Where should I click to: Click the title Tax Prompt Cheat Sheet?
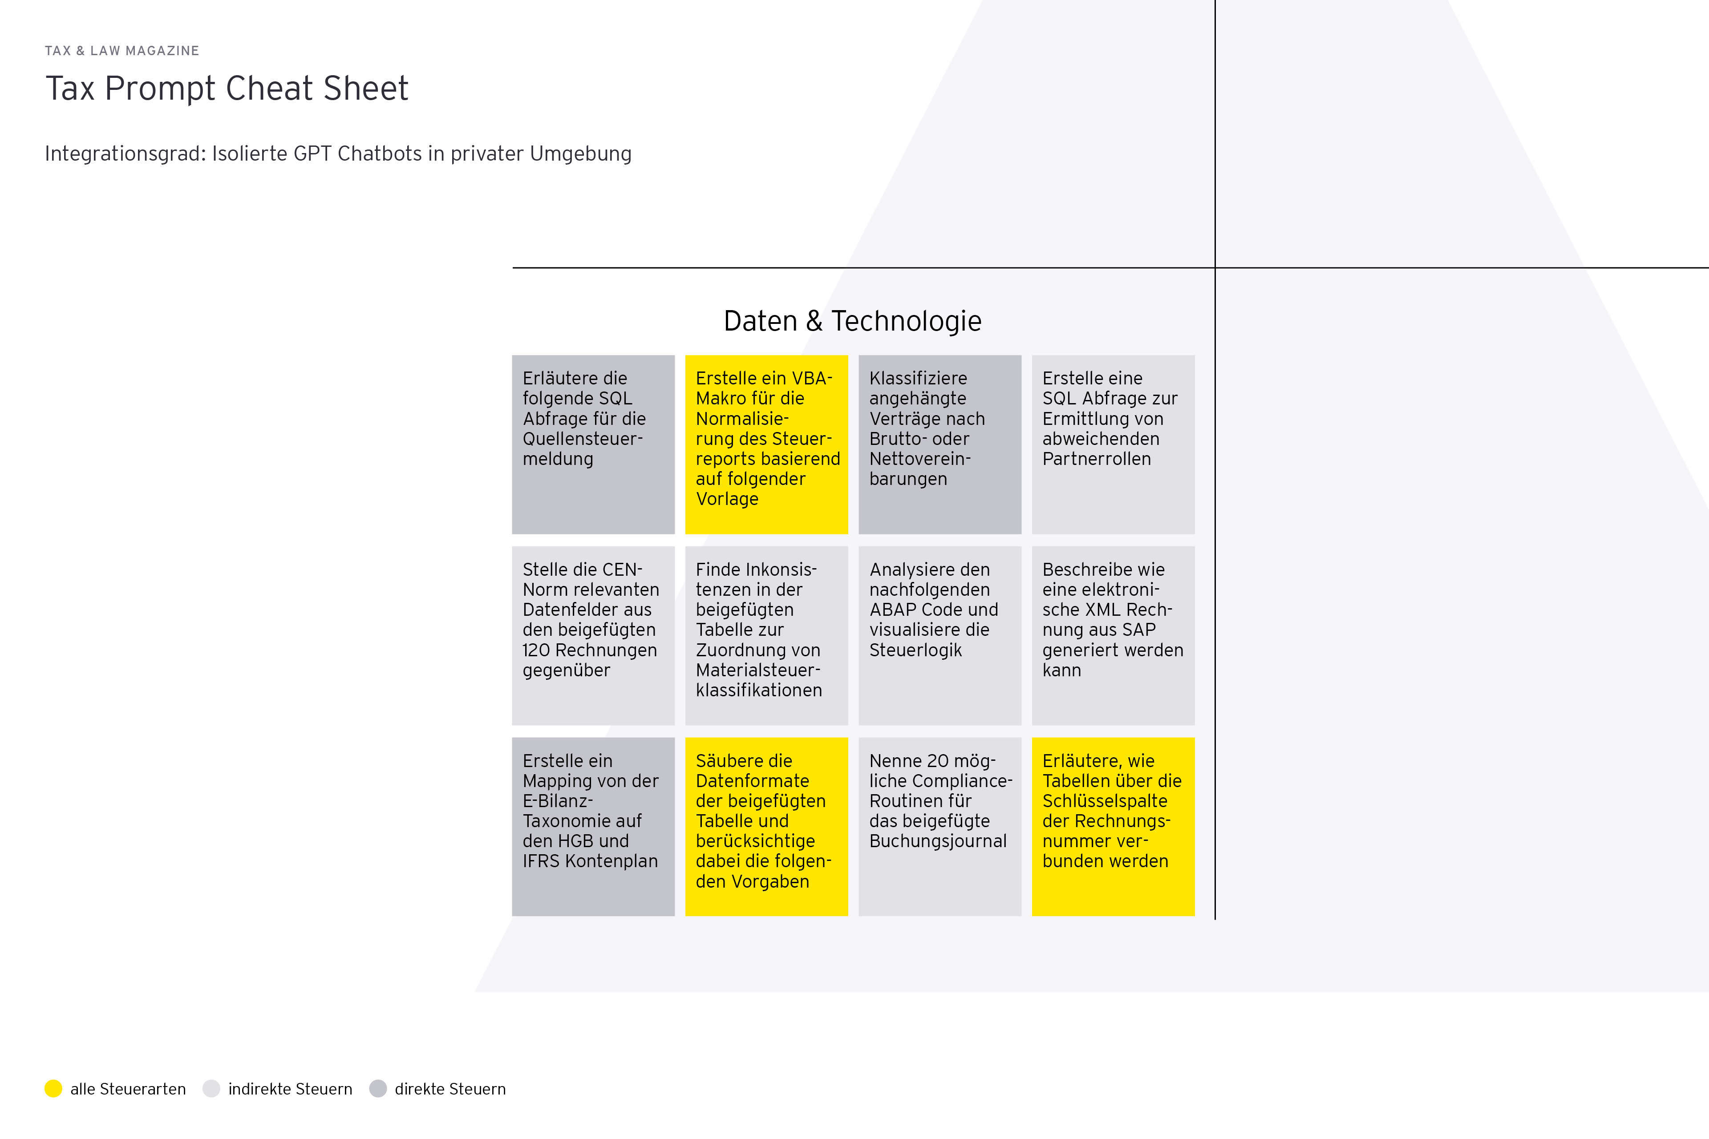pyautogui.click(x=227, y=89)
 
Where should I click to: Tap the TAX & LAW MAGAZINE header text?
pyautogui.click(x=122, y=51)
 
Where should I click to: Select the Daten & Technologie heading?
pyautogui.click(x=852, y=321)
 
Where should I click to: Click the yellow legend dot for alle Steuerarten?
pyautogui.click(x=53, y=1088)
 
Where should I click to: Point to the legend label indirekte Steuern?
pyautogui.click(x=290, y=1089)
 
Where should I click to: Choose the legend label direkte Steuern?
pyautogui.click(x=450, y=1089)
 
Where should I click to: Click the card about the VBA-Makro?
pyautogui.click(x=766, y=444)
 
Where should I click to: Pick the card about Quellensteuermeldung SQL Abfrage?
pyautogui.click(x=593, y=444)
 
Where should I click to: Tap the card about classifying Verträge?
pyautogui.click(x=940, y=444)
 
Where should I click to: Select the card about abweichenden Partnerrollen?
pyautogui.click(x=1113, y=444)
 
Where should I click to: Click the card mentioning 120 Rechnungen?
pyautogui.click(x=593, y=636)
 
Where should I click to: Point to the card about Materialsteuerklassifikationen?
pyautogui.click(x=766, y=636)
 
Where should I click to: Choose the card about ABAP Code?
pyautogui.click(x=940, y=636)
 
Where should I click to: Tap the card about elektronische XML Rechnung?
pyautogui.click(x=1113, y=636)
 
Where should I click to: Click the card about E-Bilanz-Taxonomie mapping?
pyautogui.click(x=593, y=827)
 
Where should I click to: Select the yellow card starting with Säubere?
pyautogui.click(x=766, y=827)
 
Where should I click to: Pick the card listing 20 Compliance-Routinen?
pyautogui.click(x=940, y=827)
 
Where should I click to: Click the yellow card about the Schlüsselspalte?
pyautogui.click(x=1113, y=827)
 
